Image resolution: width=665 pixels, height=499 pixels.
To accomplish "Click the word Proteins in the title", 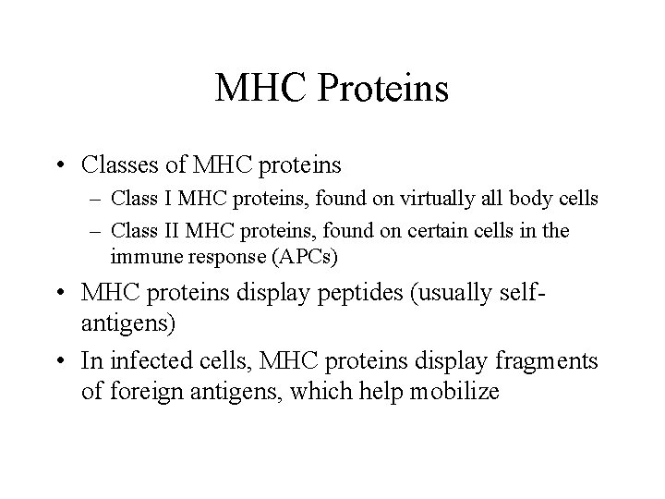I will [x=383, y=90].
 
